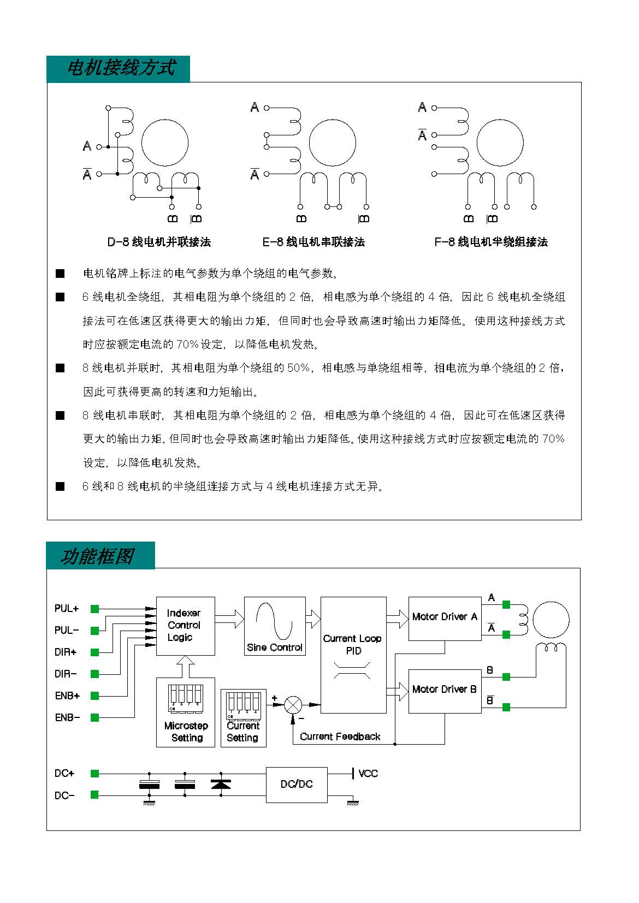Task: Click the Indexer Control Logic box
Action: pos(186,626)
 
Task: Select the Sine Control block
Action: pos(275,626)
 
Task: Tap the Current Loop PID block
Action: pos(353,655)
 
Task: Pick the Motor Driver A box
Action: pos(445,619)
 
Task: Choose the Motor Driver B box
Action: pos(445,691)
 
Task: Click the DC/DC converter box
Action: pos(297,785)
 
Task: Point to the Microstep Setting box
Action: pos(186,712)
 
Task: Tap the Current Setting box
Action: pos(243,718)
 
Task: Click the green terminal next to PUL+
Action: pos(94,609)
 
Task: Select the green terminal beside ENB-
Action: pos(94,717)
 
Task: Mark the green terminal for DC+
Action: pos(94,773)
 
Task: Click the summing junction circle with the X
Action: pos(293,705)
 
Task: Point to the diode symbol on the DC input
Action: pos(221,784)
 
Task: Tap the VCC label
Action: pos(368,773)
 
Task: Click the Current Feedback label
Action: pos(340,736)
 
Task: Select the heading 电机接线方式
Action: pos(121,67)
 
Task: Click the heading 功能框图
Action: pos(97,556)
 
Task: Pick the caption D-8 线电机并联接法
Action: pos(159,242)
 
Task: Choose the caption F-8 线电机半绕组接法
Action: pos(491,242)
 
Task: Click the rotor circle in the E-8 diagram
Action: pos(333,120)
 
